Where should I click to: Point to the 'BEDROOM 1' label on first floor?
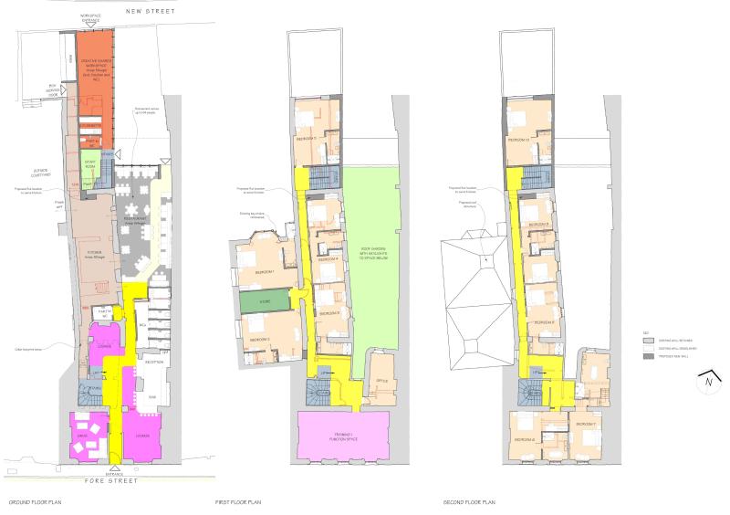pyautogui.click(x=264, y=272)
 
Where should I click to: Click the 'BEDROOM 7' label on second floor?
pyautogui.click(x=584, y=425)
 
